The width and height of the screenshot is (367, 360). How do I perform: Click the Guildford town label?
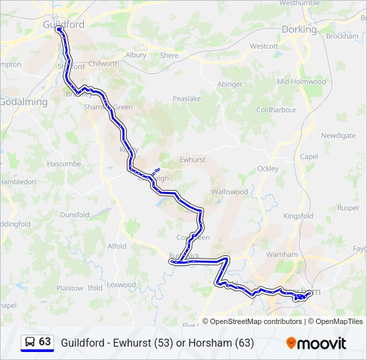click(x=63, y=24)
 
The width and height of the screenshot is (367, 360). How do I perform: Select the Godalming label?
click(x=23, y=102)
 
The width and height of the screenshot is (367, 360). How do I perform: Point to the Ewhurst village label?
click(x=193, y=160)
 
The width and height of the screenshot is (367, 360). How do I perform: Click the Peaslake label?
click(x=187, y=98)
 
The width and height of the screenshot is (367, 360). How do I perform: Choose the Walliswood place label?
click(x=230, y=191)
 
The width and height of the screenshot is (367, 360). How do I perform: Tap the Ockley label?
click(x=268, y=169)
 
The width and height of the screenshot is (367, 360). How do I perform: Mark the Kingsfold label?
click(x=298, y=216)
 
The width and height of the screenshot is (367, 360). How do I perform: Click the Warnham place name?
click(x=282, y=255)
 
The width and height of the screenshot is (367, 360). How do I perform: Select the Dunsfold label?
click(x=75, y=215)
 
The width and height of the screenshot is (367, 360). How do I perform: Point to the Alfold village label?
click(x=117, y=246)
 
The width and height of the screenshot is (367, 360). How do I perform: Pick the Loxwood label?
click(x=121, y=285)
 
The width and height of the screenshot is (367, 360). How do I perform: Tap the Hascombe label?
click(x=64, y=163)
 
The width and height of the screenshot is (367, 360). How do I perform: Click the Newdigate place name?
click(x=338, y=135)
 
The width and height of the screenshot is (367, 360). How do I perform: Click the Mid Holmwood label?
click(x=301, y=81)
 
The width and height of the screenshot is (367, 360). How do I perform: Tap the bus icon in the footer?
click(x=30, y=342)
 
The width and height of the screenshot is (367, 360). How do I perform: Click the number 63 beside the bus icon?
click(x=45, y=342)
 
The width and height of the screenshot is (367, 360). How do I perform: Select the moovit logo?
click(x=316, y=343)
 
